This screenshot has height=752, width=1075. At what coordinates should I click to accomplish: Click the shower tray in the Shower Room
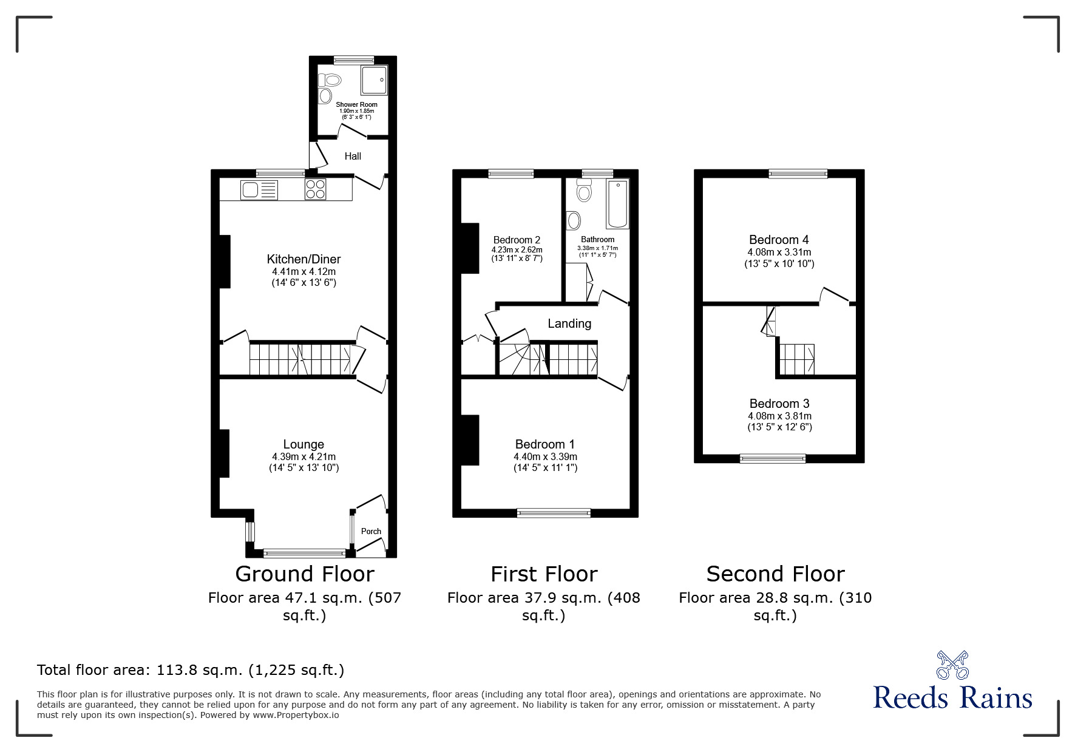[x=375, y=80]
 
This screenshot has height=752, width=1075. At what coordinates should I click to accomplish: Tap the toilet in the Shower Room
[x=330, y=80]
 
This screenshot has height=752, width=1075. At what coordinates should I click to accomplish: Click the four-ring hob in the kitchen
[x=315, y=189]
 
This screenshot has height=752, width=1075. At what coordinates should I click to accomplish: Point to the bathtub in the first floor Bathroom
[x=617, y=203]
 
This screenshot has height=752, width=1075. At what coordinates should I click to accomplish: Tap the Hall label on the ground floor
[x=353, y=156]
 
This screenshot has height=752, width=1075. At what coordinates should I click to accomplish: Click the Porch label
[x=371, y=531]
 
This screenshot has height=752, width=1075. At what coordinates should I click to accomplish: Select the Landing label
[x=569, y=323]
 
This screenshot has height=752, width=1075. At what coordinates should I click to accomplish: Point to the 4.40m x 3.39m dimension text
[x=545, y=457]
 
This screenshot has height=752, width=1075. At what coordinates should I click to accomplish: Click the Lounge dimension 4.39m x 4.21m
[x=304, y=457]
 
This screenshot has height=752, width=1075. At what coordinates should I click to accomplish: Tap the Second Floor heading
[x=775, y=574]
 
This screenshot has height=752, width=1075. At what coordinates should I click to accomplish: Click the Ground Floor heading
[x=304, y=574]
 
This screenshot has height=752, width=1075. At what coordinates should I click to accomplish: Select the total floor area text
[x=191, y=670]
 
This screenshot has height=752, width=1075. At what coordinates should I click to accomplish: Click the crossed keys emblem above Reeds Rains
[x=952, y=665]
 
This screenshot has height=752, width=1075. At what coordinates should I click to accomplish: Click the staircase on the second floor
[x=796, y=359]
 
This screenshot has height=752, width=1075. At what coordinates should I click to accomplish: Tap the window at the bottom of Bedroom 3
[x=772, y=458]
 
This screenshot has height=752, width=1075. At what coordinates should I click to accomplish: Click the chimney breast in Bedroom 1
[x=470, y=440]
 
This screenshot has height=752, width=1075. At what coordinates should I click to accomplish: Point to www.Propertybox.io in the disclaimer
[x=296, y=715]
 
